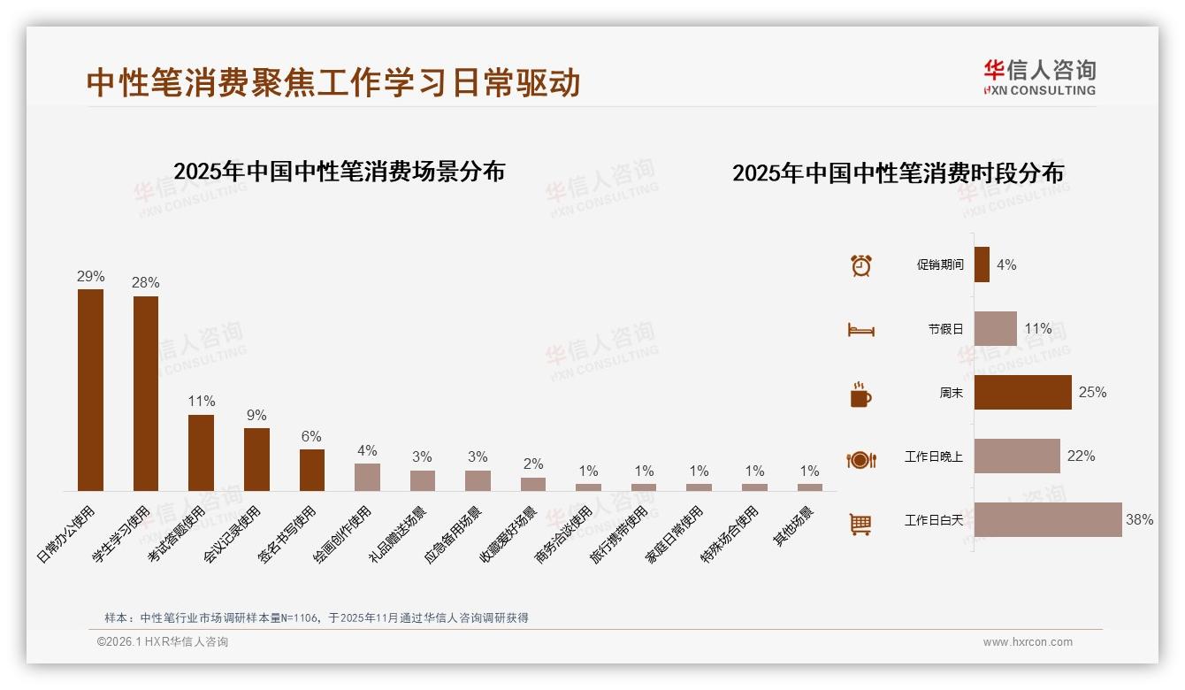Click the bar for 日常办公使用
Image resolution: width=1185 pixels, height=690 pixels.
coord(90,390)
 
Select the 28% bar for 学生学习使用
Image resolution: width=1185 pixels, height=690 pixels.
coord(146,394)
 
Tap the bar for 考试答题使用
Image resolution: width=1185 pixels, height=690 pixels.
coord(201,453)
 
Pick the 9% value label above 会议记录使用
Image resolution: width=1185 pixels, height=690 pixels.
coord(256,416)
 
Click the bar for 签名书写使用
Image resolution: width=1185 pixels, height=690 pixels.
coord(312,470)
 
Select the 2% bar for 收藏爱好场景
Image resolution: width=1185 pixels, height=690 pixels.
coord(533,484)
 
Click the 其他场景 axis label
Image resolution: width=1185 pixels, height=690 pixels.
coord(798,526)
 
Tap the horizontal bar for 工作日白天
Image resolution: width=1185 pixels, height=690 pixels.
coord(1048,520)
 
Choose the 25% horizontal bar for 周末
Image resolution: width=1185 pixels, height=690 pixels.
coord(1022,393)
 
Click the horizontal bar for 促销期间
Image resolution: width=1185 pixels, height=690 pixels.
coord(982,264)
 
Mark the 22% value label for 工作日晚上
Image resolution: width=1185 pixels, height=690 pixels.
coord(1081,456)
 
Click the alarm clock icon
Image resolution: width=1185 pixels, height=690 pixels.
coord(860,264)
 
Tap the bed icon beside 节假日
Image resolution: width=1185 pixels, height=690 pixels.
coord(860,330)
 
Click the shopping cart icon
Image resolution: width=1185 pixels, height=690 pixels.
coord(860,524)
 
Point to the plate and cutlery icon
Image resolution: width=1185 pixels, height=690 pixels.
coord(860,460)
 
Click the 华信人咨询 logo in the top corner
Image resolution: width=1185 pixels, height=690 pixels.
coord(1040,78)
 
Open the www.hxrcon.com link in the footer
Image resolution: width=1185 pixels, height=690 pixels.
coord(1028,642)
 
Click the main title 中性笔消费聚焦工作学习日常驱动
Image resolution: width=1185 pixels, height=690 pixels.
coord(333,83)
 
